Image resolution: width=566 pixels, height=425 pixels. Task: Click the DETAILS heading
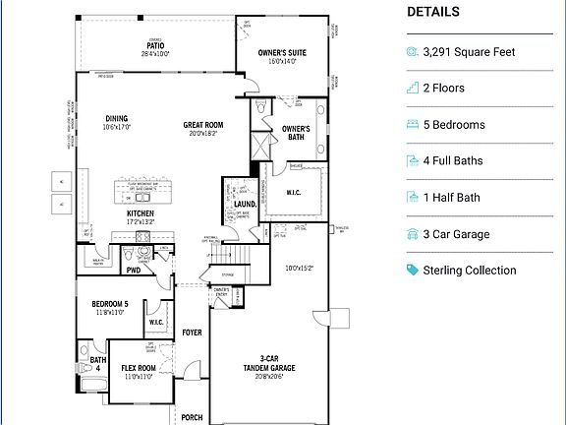432,12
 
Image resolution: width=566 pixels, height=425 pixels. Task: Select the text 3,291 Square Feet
469,52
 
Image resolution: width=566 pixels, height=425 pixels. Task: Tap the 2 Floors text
443,89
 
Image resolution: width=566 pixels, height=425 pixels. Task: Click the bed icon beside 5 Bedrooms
412,125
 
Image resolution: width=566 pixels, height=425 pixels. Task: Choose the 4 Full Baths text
453,161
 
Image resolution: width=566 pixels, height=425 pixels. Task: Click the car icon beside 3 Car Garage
412,234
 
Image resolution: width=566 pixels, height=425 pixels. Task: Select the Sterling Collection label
469,271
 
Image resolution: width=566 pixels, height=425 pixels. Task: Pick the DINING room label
117,119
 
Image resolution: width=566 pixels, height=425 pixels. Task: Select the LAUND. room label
245,205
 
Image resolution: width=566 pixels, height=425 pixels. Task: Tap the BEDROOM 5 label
110,304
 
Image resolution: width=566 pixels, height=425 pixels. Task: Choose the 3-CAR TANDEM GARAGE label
262,364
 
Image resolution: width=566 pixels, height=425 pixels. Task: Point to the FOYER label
192,333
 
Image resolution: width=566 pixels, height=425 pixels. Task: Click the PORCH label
192,417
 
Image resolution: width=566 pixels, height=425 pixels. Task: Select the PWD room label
134,270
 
